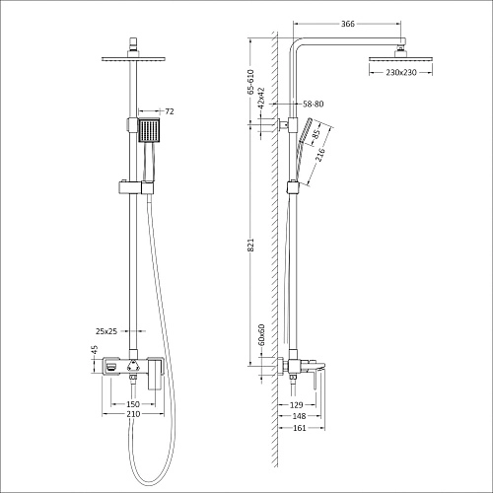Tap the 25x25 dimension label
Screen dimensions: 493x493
tap(99, 331)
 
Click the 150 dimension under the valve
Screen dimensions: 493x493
tap(131, 404)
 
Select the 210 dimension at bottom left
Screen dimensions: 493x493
tap(131, 415)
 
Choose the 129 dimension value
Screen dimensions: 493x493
tap(295, 404)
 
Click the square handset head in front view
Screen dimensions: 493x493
tap(148, 130)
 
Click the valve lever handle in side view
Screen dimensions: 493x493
tap(317, 372)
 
